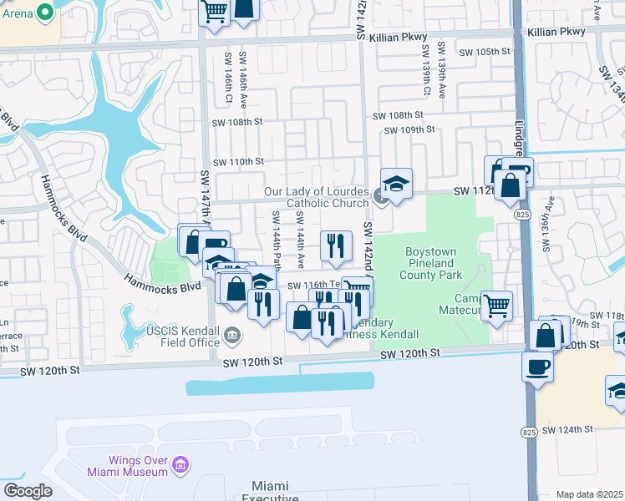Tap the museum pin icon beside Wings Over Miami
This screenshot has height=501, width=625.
(179, 463)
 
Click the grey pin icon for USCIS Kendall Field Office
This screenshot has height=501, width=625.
(232, 337)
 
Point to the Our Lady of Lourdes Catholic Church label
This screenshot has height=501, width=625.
(316, 198)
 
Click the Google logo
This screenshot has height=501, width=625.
(28, 491)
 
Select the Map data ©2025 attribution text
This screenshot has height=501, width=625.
(589, 494)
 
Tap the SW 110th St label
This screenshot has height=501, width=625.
(238, 161)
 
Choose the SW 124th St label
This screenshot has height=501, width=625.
(567, 430)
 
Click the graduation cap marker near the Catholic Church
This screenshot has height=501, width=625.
(396, 183)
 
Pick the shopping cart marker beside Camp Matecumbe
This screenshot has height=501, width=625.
(497, 306)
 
